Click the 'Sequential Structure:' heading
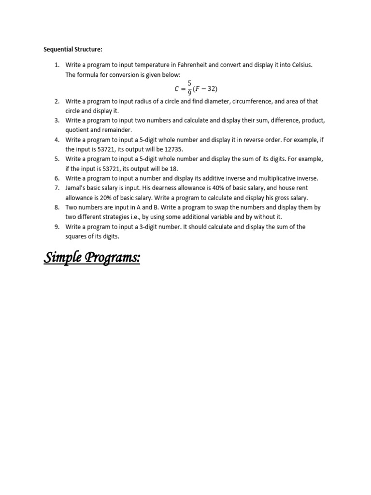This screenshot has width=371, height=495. tap(73, 49)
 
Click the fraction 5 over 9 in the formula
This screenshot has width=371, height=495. tap(189, 88)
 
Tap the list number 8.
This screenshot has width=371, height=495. tap(57, 207)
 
